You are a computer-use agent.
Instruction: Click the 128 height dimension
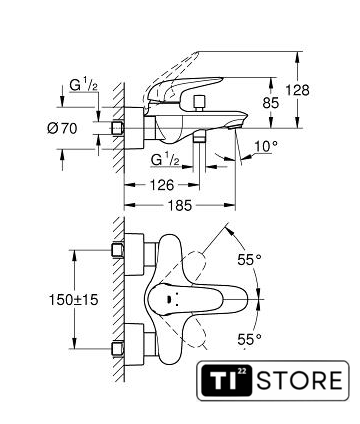(298, 90)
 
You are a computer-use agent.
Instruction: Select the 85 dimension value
(270, 103)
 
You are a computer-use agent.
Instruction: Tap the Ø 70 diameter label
(62, 128)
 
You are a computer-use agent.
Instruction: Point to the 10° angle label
(266, 146)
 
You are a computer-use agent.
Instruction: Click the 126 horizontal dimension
(162, 185)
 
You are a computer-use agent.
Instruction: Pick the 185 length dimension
(180, 206)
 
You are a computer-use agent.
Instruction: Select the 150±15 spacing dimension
(74, 300)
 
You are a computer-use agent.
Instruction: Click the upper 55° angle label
(249, 259)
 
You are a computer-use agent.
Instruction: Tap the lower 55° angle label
(249, 339)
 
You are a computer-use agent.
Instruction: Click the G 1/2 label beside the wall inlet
(83, 85)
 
